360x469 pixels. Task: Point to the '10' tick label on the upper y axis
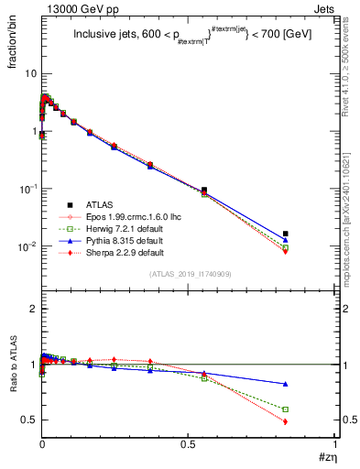(28, 73)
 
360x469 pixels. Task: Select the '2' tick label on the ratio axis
(32, 310)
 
